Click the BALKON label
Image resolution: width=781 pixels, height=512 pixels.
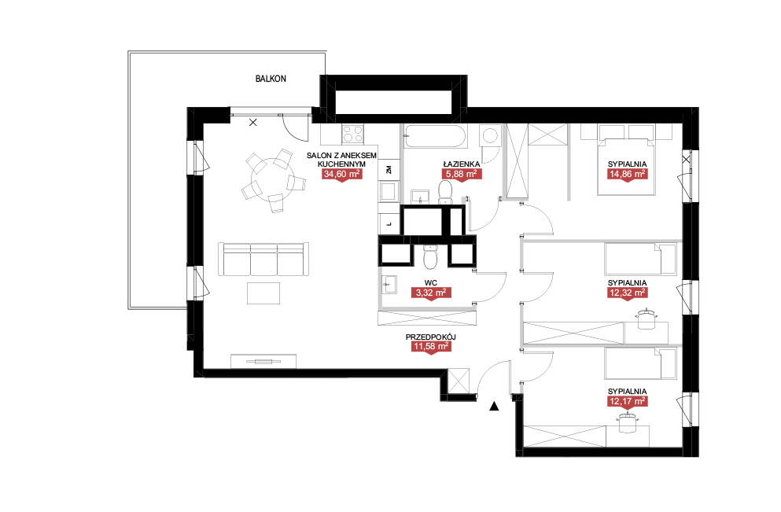click(271, 79)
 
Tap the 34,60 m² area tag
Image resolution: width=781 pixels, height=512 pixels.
click(341, 175)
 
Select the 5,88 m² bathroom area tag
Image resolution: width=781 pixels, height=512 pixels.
click(461, 175)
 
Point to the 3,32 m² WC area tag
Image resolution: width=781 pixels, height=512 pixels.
click(431, 293)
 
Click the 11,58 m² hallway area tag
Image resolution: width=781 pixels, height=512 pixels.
click(431, 346)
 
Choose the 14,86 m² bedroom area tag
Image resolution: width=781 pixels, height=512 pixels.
click(627, 175)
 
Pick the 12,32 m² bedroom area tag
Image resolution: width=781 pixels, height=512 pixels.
click(627, 293)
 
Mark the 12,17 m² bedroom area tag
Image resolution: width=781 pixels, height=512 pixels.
click(627, 401)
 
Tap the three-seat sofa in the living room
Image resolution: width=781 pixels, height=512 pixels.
click(263, 259)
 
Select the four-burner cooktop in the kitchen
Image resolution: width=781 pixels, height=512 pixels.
click(352, 134)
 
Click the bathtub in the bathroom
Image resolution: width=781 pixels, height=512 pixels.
click(436, 137)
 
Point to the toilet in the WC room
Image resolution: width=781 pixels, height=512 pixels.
click(429, 256)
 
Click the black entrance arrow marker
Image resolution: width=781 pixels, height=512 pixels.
click(494, 407)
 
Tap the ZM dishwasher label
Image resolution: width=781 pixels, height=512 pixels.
click(389, 169)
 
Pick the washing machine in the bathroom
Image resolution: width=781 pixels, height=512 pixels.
click(491, 135)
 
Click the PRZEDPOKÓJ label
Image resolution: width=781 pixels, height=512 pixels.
click(431, 337)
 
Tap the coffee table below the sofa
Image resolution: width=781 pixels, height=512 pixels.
click(263, 293)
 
